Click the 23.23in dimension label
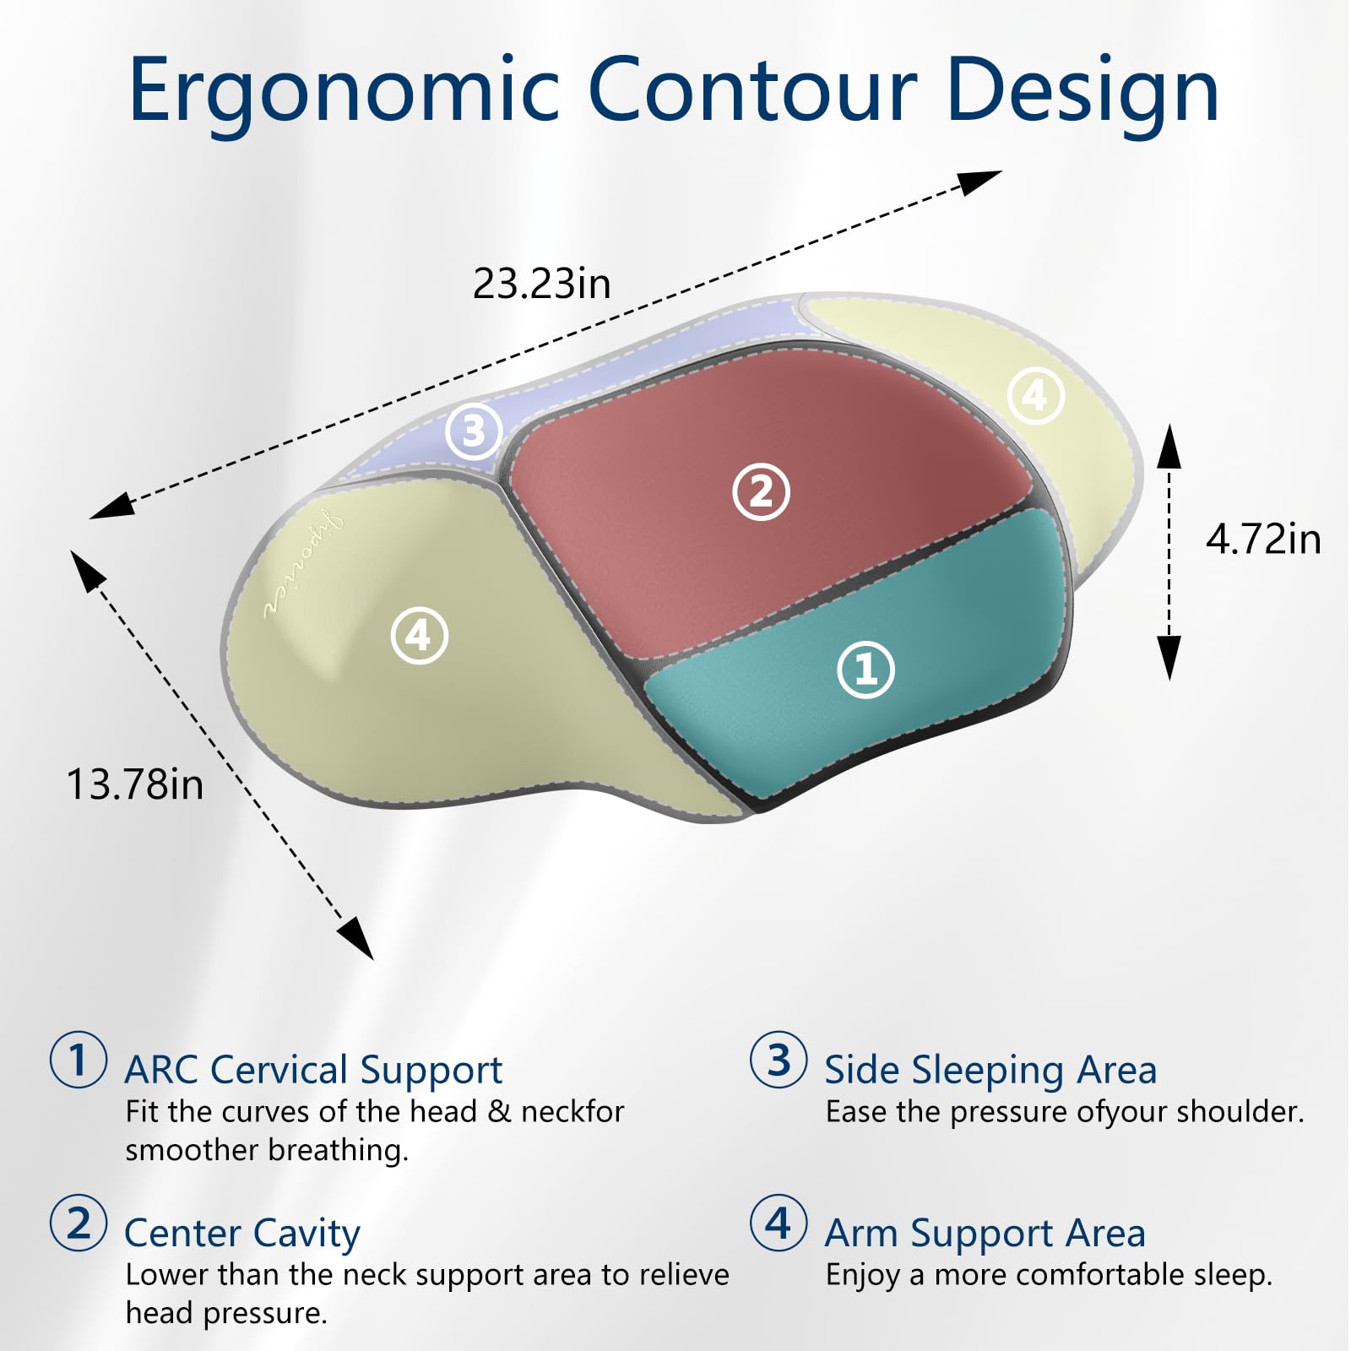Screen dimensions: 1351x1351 (541, 284)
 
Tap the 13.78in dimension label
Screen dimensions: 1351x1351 (135, 784)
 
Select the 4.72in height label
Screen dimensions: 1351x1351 (1262, 540)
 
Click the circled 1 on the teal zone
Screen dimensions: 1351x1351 (865, 670)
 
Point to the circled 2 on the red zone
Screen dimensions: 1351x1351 (761, 491)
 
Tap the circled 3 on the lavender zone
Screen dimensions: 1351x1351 (474, 431)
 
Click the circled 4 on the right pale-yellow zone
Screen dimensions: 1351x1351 (1035, 395)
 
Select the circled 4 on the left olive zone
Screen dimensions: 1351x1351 (420, 635)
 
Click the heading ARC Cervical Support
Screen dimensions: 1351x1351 (313, 1070)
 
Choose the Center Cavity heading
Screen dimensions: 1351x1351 (242, 1234)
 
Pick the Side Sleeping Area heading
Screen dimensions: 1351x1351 (990, 1070)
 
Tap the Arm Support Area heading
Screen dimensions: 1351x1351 (985, 1234)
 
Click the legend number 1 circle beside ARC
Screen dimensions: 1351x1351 (79, 1059)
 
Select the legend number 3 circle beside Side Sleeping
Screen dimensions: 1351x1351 (779, 1059)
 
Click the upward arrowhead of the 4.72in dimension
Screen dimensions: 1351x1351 (1169, 446)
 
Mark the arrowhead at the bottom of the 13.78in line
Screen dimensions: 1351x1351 (357, 940)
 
